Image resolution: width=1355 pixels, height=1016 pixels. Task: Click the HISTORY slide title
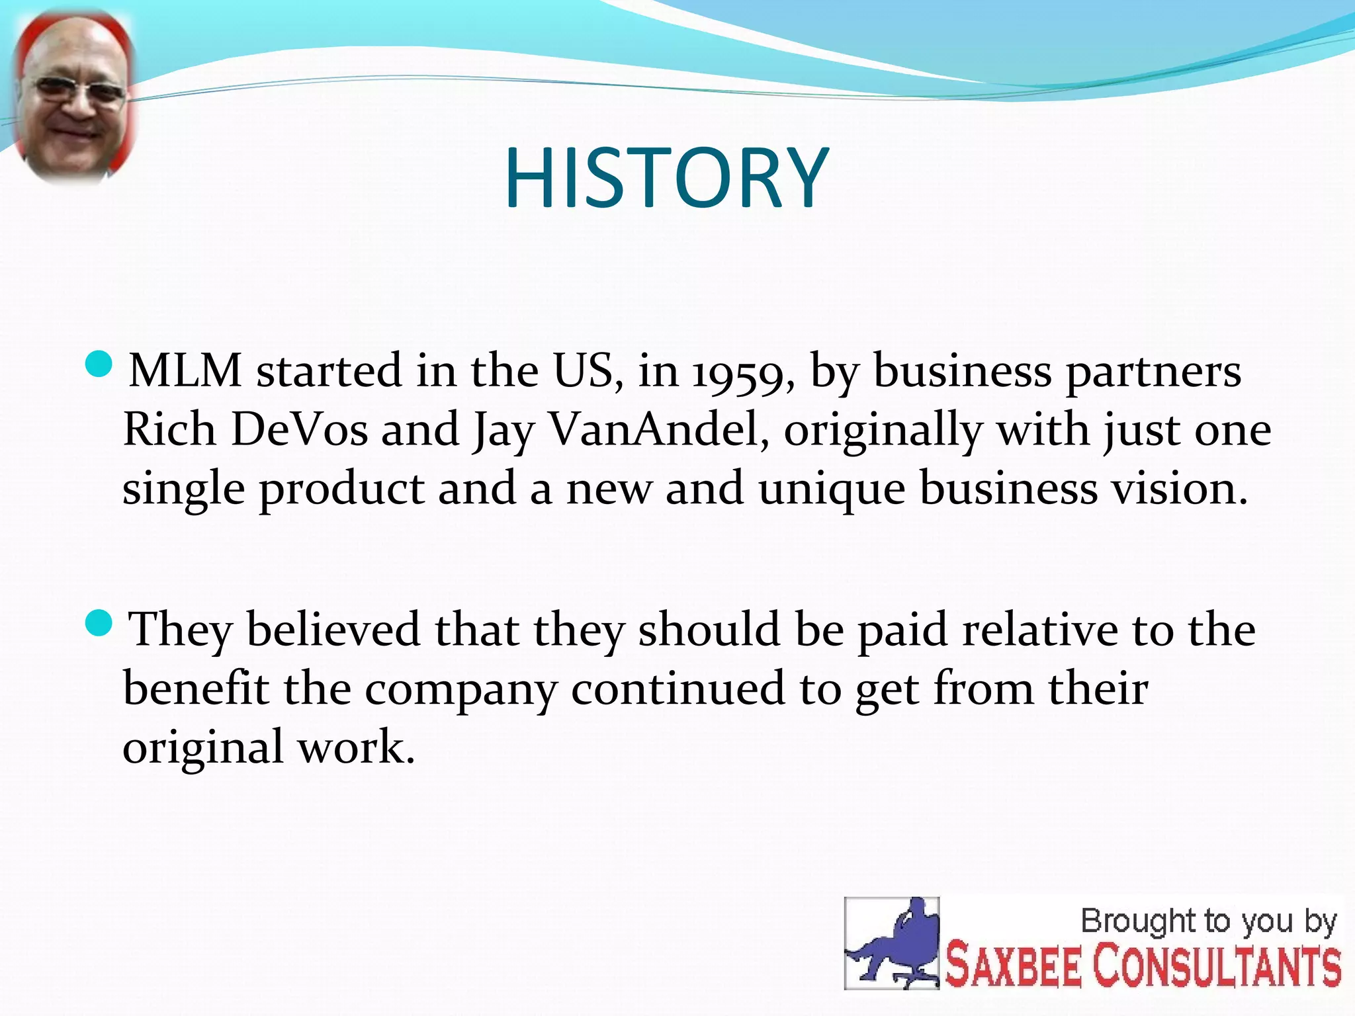[666, 179]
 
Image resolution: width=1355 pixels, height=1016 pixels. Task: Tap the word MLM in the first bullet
[185, 371]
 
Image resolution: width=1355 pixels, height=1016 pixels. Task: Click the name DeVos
[299, 430]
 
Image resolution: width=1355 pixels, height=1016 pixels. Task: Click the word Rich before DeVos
[169, 430]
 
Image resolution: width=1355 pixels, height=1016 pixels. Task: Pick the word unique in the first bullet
[832, 489]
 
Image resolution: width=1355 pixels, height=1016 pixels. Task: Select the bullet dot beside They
[100, 623]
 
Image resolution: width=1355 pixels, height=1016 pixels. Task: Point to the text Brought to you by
[1208, 921]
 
